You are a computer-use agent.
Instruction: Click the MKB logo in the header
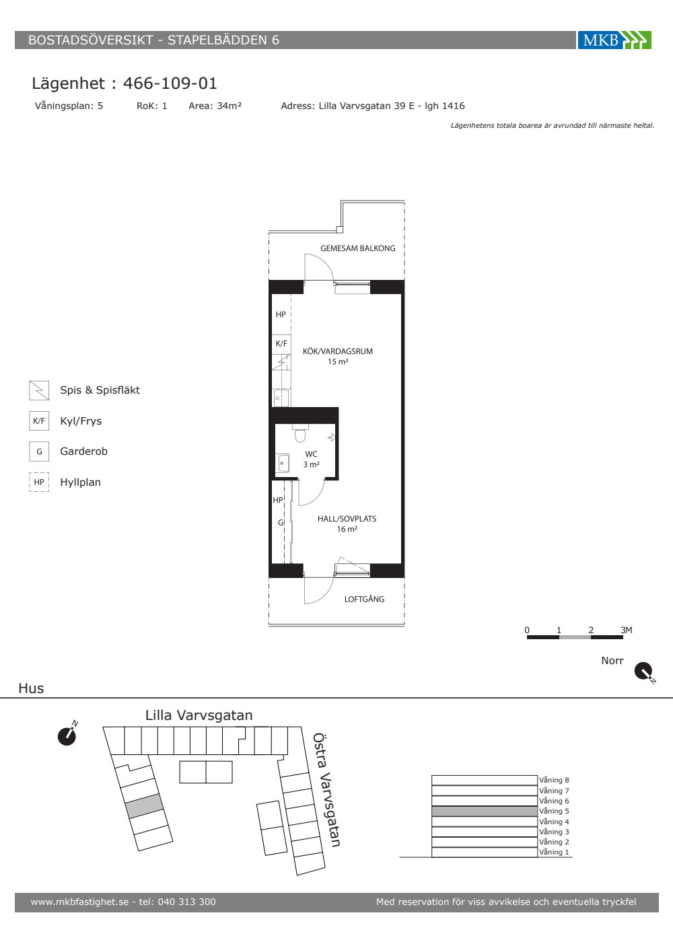[614, 40]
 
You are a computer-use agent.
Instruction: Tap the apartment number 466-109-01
[170, 83]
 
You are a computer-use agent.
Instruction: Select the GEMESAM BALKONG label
[358, 248]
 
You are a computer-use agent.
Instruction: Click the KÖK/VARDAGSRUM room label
[338, 351]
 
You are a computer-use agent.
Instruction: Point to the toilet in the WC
[300, 433]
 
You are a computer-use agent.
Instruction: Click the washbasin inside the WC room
[283, 463]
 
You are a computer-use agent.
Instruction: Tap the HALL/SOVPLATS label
[347, 519]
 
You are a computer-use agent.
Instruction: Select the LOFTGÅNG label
[364, 599]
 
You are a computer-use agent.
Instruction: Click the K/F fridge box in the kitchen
[281, 344]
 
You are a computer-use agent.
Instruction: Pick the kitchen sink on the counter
[281, 398]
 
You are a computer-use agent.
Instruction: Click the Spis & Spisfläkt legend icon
[39, 390]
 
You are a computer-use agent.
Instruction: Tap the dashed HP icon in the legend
[39, 482]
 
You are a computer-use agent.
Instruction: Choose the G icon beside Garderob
[39, 451]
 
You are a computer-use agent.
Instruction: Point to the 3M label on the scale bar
[627, 630]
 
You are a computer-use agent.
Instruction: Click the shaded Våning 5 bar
[485, 811]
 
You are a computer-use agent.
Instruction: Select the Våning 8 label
[554, 780]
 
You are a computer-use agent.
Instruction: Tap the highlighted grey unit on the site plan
[144, 806]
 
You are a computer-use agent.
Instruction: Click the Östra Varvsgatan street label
[326, 790]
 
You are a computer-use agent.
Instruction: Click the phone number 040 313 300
[187, 902]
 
